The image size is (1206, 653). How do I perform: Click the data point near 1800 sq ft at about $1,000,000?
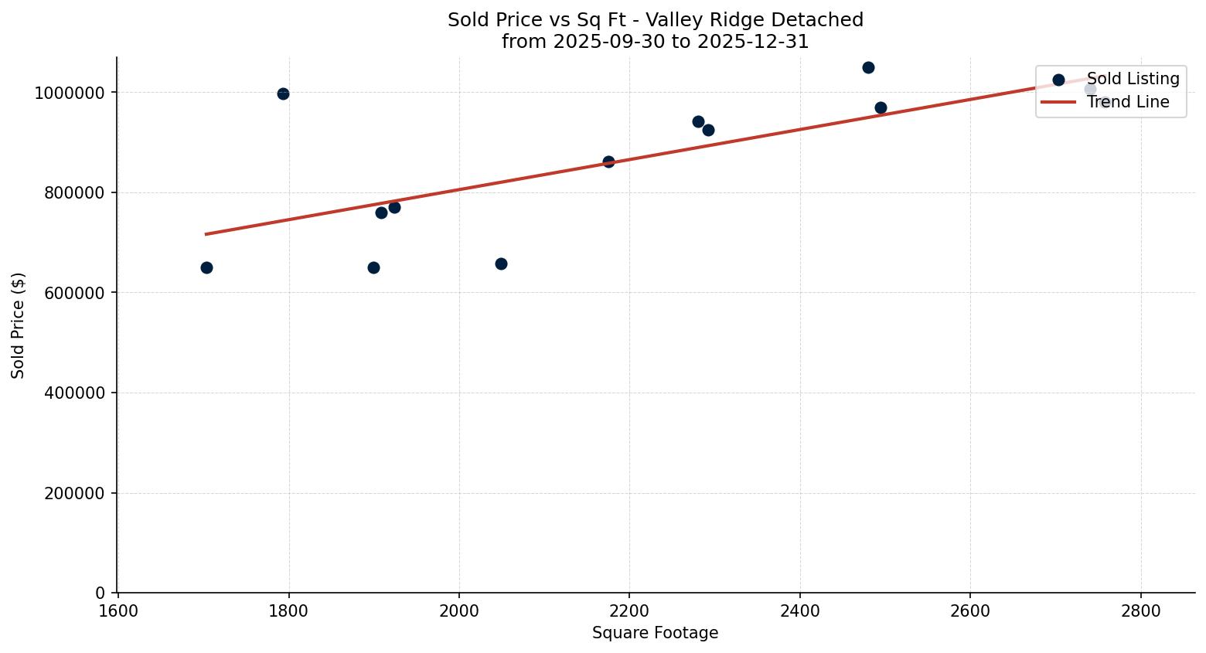click(283, 94)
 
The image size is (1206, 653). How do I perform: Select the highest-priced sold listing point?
click(868, 67)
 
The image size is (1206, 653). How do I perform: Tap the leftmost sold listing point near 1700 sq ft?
click(206, 267)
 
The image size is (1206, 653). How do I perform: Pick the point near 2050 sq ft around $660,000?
click(501, 264)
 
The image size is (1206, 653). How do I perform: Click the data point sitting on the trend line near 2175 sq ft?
click(608, 162)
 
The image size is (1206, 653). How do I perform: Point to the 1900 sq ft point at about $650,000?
click(373, 267)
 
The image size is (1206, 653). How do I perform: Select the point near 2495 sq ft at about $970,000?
click(881, 107)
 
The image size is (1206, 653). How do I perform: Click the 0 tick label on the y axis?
click(100, 593)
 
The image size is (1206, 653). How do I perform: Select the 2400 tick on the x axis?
click(800, 610)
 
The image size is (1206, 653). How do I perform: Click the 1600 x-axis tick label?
click(118, 610)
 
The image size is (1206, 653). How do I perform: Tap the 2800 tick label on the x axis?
click(1141, 610)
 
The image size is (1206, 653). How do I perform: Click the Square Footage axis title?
click(655, 634)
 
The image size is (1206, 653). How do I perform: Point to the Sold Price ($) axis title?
click(19, 325)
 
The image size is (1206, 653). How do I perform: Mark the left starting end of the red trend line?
click(206, 233)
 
